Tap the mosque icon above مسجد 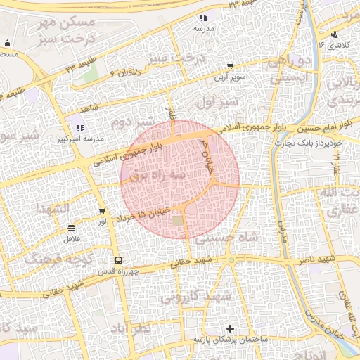point(8,44)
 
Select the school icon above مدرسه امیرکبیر point(80,129)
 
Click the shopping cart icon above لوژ point(103,211)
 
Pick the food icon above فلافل point(71,228)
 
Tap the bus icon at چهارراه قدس point(117,260)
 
